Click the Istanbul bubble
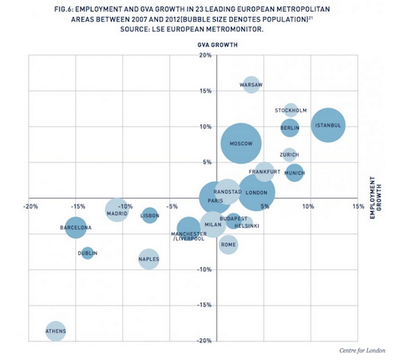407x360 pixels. (x=328, y=125)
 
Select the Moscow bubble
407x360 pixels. (x=241, y=143)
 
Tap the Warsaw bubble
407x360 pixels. (x=252, y=85)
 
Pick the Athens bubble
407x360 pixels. (x=56, y=331)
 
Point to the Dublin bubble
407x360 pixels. (x=87, y=252)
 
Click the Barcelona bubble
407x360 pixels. (x=76, y=228)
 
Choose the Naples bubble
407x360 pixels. (x=149, y=259)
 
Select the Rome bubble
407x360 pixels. (x=228, y=245)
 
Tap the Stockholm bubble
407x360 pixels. (x=291, y=110)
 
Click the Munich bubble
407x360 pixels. (x=295, y=173)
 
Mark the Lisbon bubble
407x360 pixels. (x=150, y=215)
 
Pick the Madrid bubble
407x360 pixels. (x=117, y=211)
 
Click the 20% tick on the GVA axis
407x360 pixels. (x=204, y=55)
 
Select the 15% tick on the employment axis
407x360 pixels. (x=358, y=207)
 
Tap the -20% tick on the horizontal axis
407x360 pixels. (x=29, y=207)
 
